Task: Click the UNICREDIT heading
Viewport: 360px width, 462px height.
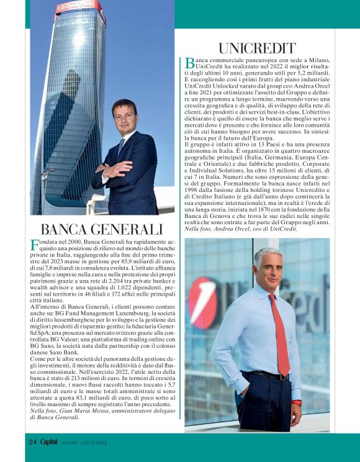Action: [x=257, y=48]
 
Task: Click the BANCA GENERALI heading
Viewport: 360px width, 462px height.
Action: [x=102, y=229]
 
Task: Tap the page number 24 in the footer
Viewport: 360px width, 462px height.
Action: [x=33, y=442]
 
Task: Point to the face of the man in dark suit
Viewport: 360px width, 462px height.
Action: [x=125, y=116]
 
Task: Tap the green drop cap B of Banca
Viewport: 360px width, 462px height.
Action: [x=190, y=62]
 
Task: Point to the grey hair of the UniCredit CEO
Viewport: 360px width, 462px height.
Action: [x=269, y=256]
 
